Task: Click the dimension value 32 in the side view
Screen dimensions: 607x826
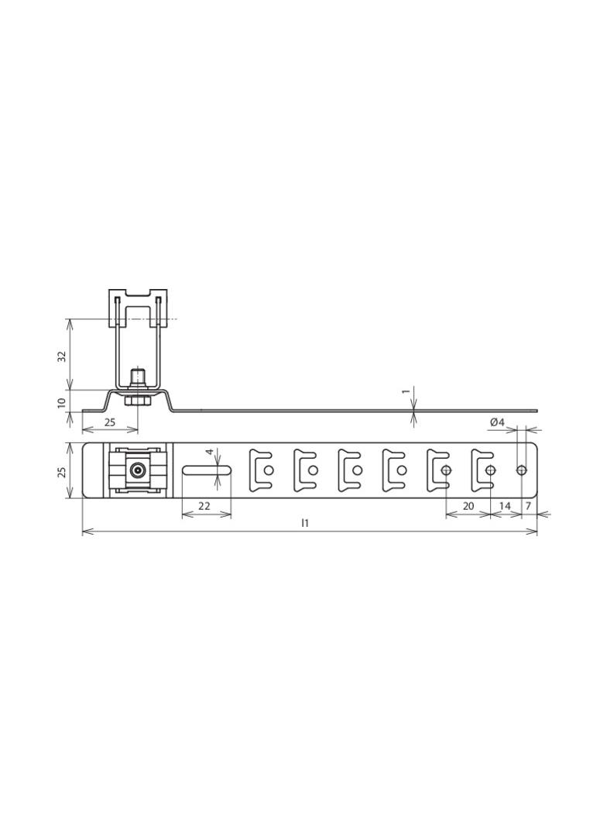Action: click(63, 356)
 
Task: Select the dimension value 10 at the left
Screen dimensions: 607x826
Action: click(62, 403)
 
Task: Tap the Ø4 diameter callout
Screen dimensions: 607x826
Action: click(498, 422)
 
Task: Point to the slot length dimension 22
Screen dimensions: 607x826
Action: click(204, 506)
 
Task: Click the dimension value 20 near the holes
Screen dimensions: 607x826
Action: click(468, 506)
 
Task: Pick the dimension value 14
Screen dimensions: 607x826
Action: click(504, 506)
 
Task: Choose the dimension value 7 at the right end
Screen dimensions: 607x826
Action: click(530, 506)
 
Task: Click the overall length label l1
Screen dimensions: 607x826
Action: click(305, 523)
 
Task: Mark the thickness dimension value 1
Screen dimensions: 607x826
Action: click(406, 391)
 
